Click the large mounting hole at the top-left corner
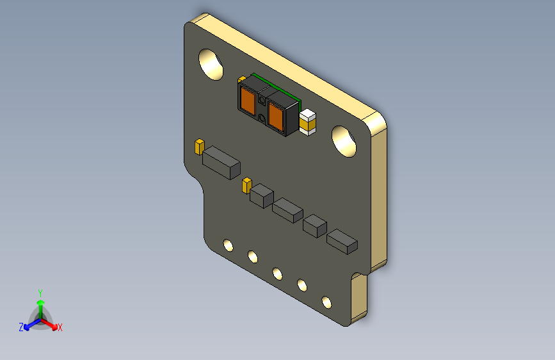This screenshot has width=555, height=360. pos(210,64)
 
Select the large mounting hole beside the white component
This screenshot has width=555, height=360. pos(344,141)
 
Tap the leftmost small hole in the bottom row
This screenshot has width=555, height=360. pos(227,246)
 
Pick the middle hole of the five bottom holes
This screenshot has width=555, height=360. pos(277,274)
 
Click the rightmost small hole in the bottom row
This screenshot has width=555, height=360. pos(326,301)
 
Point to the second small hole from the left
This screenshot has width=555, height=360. pos(253,258)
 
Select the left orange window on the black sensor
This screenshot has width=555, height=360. pos(248,99)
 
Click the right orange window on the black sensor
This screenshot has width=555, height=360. pos(275,115)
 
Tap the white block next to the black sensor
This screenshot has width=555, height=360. pos(308,122)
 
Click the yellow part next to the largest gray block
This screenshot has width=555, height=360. pos(199,146)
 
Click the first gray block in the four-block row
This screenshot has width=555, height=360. pos(261,195)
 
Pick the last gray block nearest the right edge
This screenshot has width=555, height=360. pos(342,241)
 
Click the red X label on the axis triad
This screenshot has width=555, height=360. pos(60,328)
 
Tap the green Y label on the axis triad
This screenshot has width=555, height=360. pos(40,291)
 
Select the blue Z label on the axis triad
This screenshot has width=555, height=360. pos(21,327)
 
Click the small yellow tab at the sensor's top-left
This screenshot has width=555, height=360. pos(241,79)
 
